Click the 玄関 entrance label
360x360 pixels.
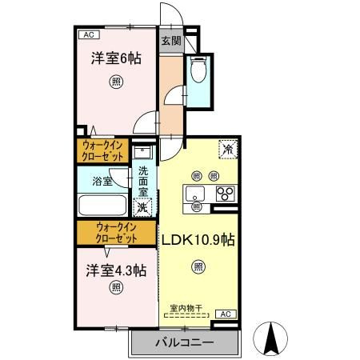[x=171, y=41]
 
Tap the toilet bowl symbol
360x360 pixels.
[x=198, y=70]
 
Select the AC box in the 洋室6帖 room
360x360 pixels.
[x=89, y=34]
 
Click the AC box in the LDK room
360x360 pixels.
[x=226, y=314]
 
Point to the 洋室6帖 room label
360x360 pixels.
[x=116, y=58]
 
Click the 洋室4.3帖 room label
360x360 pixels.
[x=116, y=270]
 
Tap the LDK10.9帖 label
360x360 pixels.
[x=198, y=239]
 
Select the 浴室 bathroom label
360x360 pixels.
[x=102, y=181]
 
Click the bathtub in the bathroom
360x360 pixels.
[x=102, y=205]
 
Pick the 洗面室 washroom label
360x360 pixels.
[x=143, y=182]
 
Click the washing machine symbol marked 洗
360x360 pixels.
[x=142, y=207]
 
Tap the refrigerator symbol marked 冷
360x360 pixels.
[x=228, y=150]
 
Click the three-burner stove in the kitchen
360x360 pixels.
[x=226, y=194]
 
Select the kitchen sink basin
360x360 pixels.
[x=195, y=194]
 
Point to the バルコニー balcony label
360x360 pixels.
[x=185, y=342]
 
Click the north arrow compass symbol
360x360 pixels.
[x=270, y=338]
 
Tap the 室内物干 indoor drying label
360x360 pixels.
[x=186, y=309]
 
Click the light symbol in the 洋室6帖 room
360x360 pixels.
[x=116, y=82]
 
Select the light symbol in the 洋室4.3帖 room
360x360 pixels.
[x=116, y=287]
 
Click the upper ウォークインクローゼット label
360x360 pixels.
[x=102, y=150]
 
